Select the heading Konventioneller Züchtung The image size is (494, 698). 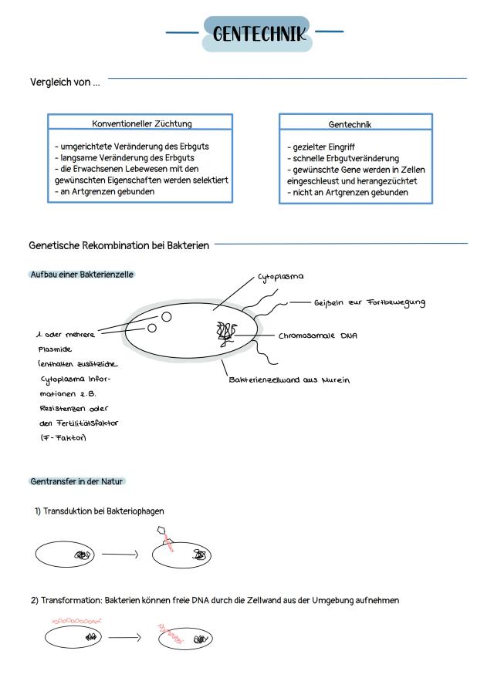pos(142,123)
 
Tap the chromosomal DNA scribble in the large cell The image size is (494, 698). pos(225,332)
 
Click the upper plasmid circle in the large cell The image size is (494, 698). pos(166,315)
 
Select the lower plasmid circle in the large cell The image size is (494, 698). pos(152,328)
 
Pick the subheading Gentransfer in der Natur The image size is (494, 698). pos(76,481)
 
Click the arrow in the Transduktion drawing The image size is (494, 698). pos(120,554)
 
